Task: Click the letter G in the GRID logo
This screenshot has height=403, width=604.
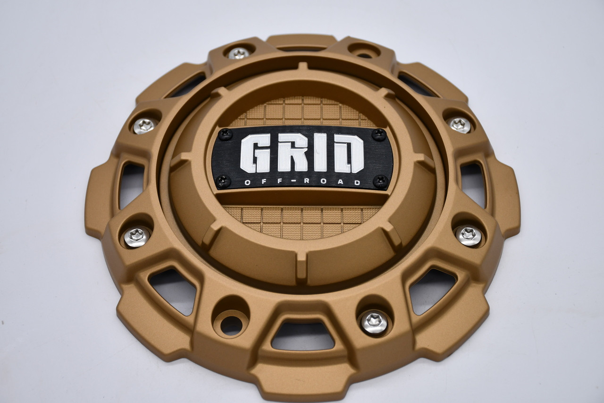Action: tap(255, 153)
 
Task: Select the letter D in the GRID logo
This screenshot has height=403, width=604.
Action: tap(349, 154)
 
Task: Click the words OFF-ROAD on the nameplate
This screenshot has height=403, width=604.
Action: tap(302, 182)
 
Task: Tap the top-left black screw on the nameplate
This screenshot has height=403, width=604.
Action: tap(225, 134)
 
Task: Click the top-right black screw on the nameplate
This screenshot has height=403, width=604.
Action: tap(378, 135)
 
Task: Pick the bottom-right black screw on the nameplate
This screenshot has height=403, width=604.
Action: tap(380, 180)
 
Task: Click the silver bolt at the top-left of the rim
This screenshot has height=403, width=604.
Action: tap(238, 53)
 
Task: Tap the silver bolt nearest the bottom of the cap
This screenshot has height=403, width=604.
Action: tap(374, 322)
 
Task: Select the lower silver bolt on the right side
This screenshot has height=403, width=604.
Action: tap(468, 235)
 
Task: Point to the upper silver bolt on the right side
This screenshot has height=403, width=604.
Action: tap(459, 125)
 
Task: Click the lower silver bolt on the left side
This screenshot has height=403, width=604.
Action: tap(137, 237)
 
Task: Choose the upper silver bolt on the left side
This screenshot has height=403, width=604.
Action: tap(144, 126)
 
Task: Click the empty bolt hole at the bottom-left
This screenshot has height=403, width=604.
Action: tap(231, 324)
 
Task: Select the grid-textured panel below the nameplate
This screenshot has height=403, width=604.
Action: tap(302, 220)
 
